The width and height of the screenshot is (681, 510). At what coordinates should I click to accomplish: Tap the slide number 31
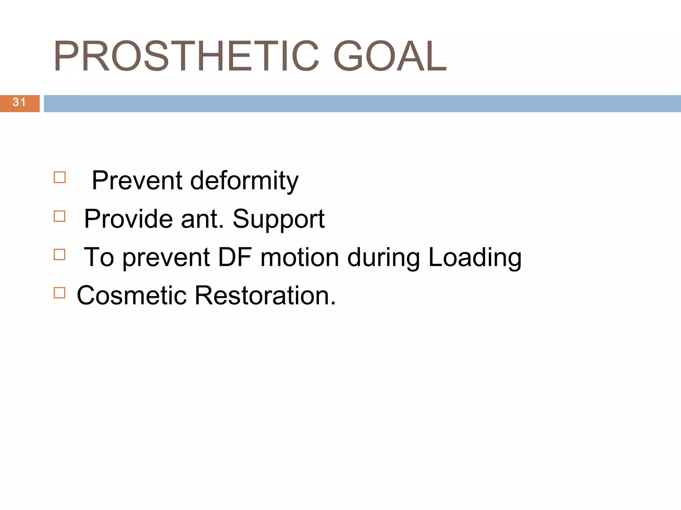[19, 102]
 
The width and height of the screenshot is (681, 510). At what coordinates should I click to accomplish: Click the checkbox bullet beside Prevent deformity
[60, 177]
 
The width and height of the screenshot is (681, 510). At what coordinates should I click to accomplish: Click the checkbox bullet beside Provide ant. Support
[60, 216]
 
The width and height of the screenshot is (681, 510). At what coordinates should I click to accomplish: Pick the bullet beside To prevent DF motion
[60, 255]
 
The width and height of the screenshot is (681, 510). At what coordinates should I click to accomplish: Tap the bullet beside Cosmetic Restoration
[60, 293]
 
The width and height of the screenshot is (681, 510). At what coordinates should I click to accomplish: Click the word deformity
[244, 181]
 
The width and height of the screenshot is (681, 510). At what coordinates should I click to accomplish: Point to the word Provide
[128, 219]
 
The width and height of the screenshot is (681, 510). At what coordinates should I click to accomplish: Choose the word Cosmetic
[132, 296]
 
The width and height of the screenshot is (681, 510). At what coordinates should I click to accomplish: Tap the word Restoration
[265, 296]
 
